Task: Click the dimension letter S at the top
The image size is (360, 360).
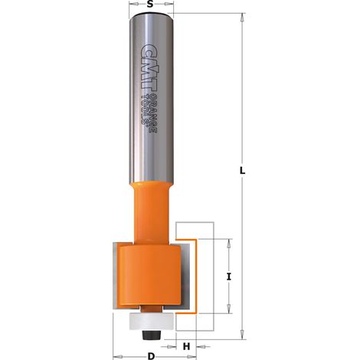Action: coord(151,5)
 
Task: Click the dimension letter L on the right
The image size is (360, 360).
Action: coord(242,171)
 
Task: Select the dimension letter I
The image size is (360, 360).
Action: coord(229,277)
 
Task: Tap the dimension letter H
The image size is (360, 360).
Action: coord(187,346)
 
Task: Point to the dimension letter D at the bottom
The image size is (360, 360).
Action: coord(151,356)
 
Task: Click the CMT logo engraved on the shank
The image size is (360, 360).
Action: coord(148,67)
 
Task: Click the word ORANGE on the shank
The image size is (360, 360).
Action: coord(152,113)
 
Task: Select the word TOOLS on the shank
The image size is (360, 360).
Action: coord(146,109)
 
